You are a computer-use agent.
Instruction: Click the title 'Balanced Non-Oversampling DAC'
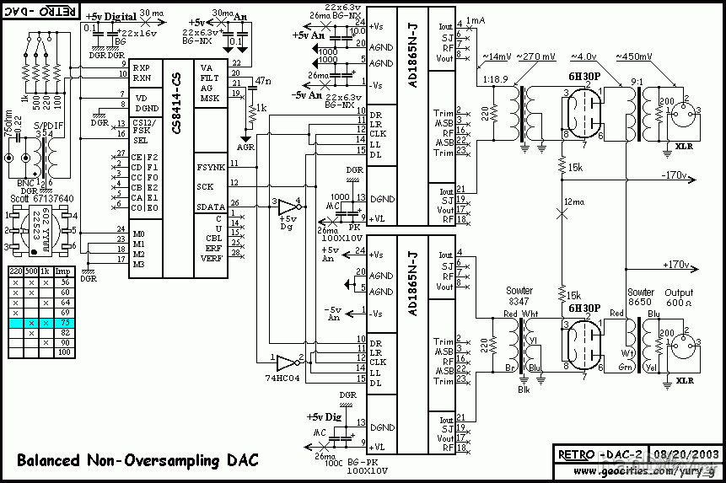click(x=138, y=460)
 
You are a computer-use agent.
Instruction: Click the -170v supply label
click(x=675, y=176)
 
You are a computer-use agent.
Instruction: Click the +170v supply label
click(x=677, y=265)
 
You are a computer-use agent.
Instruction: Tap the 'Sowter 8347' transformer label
click(x=520, y=295)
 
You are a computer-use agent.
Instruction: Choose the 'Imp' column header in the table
click(x=64, y=271)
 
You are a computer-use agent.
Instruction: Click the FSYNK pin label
click(x=210, y=167)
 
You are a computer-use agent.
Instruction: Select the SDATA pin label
click(x=210, y=206)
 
